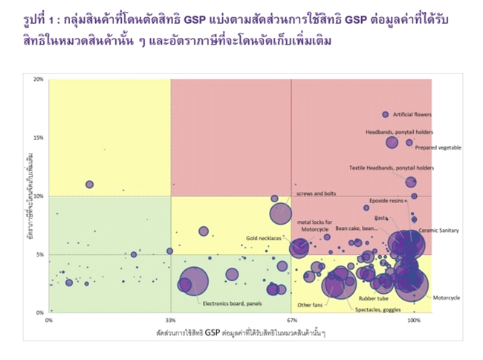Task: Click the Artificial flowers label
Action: point(412,115)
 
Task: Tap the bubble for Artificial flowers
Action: point(385,115)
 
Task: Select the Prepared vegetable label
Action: point(438,147)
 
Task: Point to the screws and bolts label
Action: point(317,193)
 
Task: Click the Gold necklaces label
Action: point(264,239)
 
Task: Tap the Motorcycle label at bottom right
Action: point(447,298)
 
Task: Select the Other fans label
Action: point(309,305)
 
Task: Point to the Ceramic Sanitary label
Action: point(439,231)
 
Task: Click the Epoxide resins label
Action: point(387,201)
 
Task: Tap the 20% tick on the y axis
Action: point(39,80)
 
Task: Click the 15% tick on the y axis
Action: point(39,138)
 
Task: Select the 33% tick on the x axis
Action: point(171,321)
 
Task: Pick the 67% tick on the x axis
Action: point(291,321)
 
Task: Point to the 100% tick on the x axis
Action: point(413,321)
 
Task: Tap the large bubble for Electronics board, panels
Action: point(193,283)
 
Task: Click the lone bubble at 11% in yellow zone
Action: point(89,184)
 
